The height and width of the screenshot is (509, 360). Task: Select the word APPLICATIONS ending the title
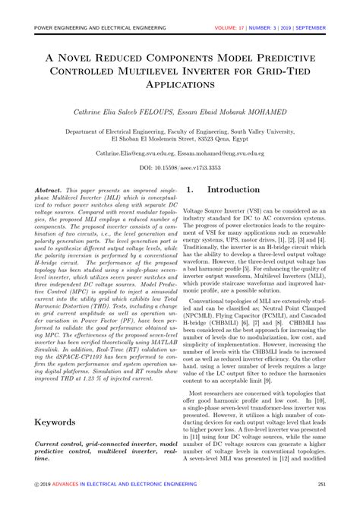click(180, 86)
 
